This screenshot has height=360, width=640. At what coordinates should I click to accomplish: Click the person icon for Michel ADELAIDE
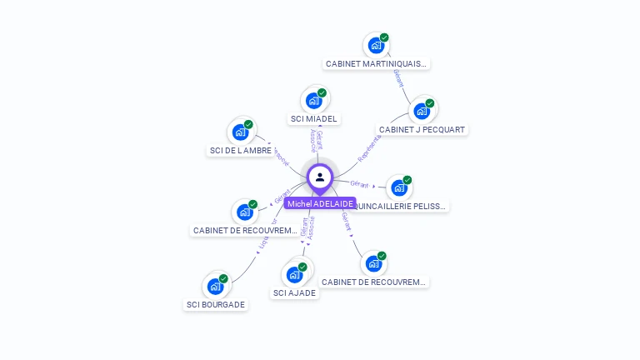320,177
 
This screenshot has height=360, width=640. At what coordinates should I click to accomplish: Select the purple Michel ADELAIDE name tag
320,203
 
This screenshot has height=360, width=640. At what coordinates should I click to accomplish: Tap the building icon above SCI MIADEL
313,101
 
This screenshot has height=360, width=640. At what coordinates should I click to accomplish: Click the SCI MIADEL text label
314,119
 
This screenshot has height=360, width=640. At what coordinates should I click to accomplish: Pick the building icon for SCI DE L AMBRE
240,132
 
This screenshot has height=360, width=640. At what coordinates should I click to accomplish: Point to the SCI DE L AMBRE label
240,150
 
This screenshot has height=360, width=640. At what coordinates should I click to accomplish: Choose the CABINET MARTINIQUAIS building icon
376,45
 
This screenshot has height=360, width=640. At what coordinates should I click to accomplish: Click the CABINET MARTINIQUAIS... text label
376,63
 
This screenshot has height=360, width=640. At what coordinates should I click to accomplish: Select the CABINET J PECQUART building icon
422,111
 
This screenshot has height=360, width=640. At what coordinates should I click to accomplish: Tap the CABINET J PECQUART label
422,129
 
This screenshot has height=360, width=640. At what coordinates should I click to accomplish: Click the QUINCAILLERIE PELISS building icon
399,187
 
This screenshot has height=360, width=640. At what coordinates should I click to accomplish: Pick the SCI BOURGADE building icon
215,286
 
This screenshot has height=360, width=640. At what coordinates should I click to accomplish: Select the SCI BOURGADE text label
216,304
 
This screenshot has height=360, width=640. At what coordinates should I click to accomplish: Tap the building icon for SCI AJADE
294,274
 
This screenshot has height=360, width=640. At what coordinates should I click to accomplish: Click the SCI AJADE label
295,292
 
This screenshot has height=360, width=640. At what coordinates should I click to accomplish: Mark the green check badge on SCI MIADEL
322,92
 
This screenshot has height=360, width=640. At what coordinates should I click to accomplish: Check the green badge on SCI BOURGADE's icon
223,278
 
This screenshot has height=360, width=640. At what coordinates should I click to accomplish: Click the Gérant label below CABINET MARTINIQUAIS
399,79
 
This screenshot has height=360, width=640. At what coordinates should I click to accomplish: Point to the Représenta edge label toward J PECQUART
368,148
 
